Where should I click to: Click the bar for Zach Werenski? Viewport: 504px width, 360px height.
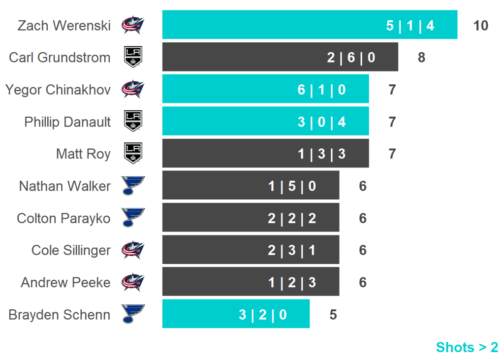coord(310,25)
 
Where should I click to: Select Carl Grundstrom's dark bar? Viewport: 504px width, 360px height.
coord(280,57)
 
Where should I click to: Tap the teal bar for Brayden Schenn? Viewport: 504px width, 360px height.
coord(236,314)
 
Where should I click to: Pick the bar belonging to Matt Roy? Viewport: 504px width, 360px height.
coord(265,154)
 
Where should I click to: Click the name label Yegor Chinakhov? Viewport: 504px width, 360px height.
coord(58,90)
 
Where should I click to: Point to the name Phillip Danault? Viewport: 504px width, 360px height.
coord(67,122)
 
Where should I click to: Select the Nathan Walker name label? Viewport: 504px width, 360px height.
coord(65,186)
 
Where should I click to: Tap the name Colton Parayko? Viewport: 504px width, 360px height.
coord(63,218)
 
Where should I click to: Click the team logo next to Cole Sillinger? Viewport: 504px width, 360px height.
coord(133,250)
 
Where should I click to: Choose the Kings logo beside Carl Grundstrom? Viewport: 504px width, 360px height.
coord(133,57)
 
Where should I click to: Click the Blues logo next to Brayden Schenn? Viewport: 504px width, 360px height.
coord(133,314)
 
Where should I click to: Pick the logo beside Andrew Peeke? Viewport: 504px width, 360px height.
coord(133,282)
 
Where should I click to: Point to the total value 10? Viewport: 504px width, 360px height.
coord(480,26)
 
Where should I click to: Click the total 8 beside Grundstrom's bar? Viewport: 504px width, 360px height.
coord(421,58)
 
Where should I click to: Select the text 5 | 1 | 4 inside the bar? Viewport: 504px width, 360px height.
coord(410,26)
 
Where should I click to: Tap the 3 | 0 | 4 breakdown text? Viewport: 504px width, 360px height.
coord(321,122)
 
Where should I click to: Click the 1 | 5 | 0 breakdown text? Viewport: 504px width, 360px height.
coord(292,186)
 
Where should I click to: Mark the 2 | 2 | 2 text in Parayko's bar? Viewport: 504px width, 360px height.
coord(292,218)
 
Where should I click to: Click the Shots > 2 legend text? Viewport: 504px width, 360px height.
coord(467,347)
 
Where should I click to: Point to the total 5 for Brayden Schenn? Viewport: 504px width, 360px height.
coord(333,315)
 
